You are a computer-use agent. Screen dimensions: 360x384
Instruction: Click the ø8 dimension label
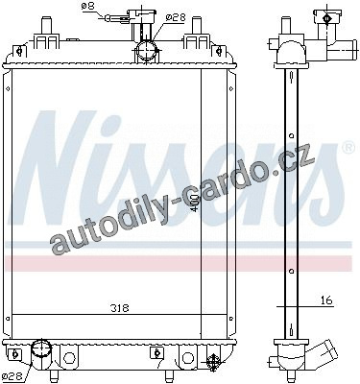(x=88, y=7)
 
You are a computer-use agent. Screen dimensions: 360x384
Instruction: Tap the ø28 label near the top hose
(x=176, y=17)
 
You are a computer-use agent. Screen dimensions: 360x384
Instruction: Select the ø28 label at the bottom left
(x=12, y=375)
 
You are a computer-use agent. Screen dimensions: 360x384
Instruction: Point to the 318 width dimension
(x=120, y=308)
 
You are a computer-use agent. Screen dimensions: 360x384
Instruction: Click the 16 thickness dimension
(x=325, y=300)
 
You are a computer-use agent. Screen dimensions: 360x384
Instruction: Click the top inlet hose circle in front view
(x=147, y=51)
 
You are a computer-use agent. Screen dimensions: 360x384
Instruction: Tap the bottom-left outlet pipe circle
(x=41, y=348)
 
